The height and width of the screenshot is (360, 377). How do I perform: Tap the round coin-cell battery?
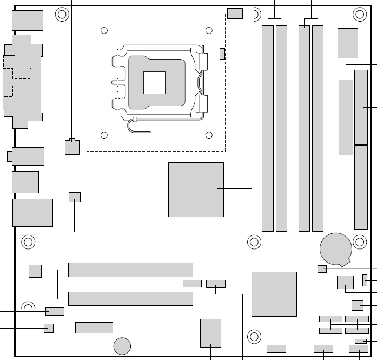[335, 249]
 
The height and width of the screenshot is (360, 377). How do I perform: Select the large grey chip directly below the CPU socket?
[196, 189]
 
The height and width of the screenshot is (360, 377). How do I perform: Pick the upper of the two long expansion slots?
[130, 270]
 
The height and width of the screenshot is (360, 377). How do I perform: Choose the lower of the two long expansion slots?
[130, 298]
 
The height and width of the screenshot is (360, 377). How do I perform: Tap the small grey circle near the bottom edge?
[123, 345]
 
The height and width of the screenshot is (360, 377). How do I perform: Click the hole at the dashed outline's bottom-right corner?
[209, 135]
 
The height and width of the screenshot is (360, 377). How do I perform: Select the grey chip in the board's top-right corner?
[347, 43]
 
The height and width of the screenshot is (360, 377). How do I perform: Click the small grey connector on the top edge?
[235, 13]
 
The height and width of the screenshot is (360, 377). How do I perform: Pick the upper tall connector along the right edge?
[361, 106]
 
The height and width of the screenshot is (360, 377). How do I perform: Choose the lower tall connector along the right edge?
[361, 187]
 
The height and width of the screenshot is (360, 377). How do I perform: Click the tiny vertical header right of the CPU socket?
[222, 54]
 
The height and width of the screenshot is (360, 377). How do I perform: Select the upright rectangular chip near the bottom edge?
[210, 332]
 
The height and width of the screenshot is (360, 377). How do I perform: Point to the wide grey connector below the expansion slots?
[94, 328]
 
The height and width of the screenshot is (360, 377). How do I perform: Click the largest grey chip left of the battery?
[274, 294]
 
